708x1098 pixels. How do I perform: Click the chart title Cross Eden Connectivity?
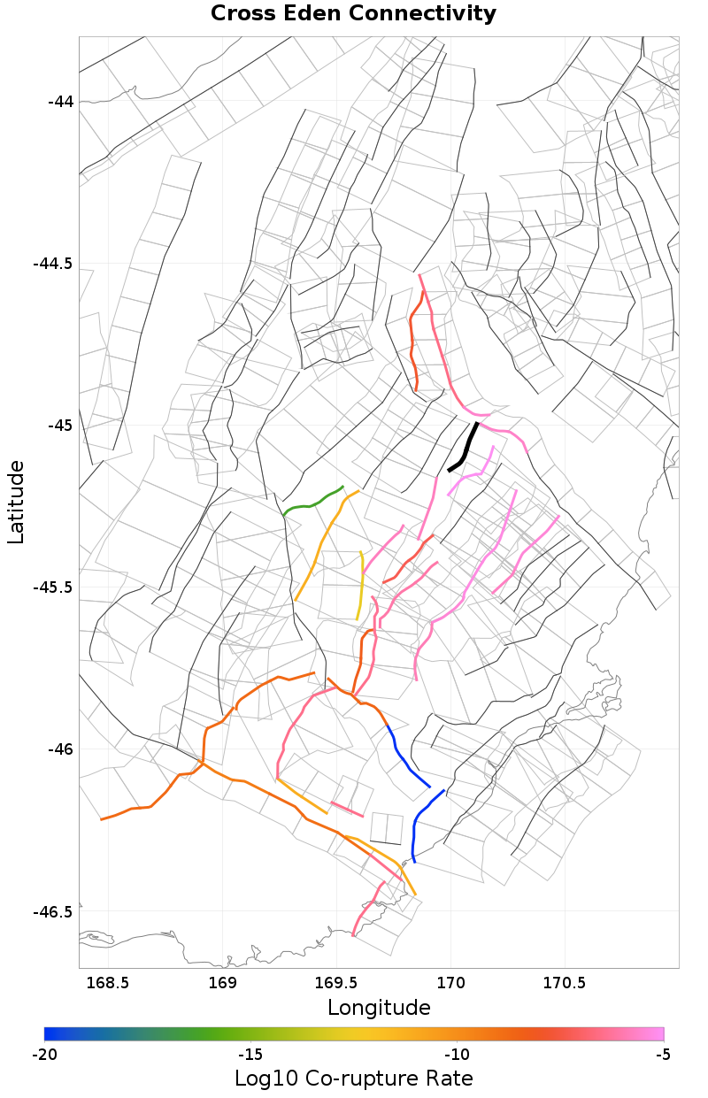click(353, 14)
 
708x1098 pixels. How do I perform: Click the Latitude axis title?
click(16, 501)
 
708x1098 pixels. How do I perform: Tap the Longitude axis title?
click(379, 1008)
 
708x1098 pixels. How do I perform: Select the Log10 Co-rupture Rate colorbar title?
click(353, 1079)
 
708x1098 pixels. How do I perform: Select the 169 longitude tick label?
click(222, 983)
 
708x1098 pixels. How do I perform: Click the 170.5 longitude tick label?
click(565, 983)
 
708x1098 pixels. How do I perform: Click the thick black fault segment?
click(465, 449)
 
